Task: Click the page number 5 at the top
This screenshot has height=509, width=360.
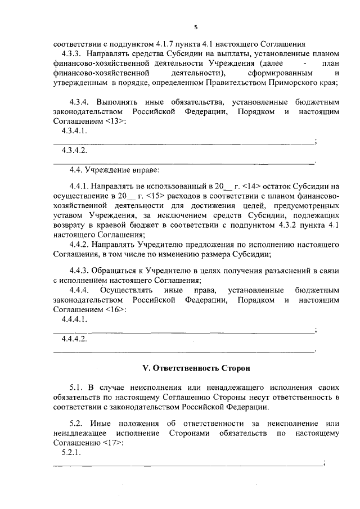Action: (x=195, y=28)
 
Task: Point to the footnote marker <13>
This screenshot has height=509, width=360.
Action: (x=115, y=121)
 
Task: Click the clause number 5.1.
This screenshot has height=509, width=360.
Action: (x=76, y=388)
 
